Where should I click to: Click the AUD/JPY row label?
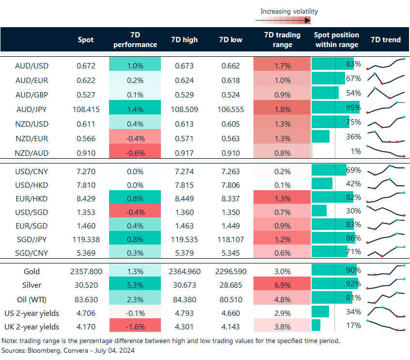(32, 110)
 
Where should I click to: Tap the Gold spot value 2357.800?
(86, 271)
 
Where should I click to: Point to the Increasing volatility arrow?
(283, 20)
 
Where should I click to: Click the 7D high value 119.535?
(184, 239)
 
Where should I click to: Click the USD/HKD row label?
(32, 184)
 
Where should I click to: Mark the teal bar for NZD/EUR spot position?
(320, 136)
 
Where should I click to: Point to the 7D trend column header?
(385, 40)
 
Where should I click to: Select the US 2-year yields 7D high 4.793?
(184, 312)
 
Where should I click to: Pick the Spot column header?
(86, 40)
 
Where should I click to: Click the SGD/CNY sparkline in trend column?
(386, 252)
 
